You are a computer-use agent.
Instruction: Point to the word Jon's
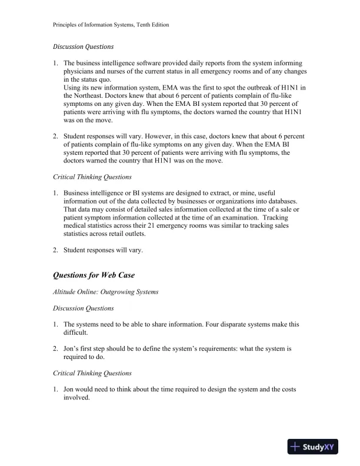click(72, 348)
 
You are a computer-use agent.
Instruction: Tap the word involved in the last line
click(76, 398)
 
